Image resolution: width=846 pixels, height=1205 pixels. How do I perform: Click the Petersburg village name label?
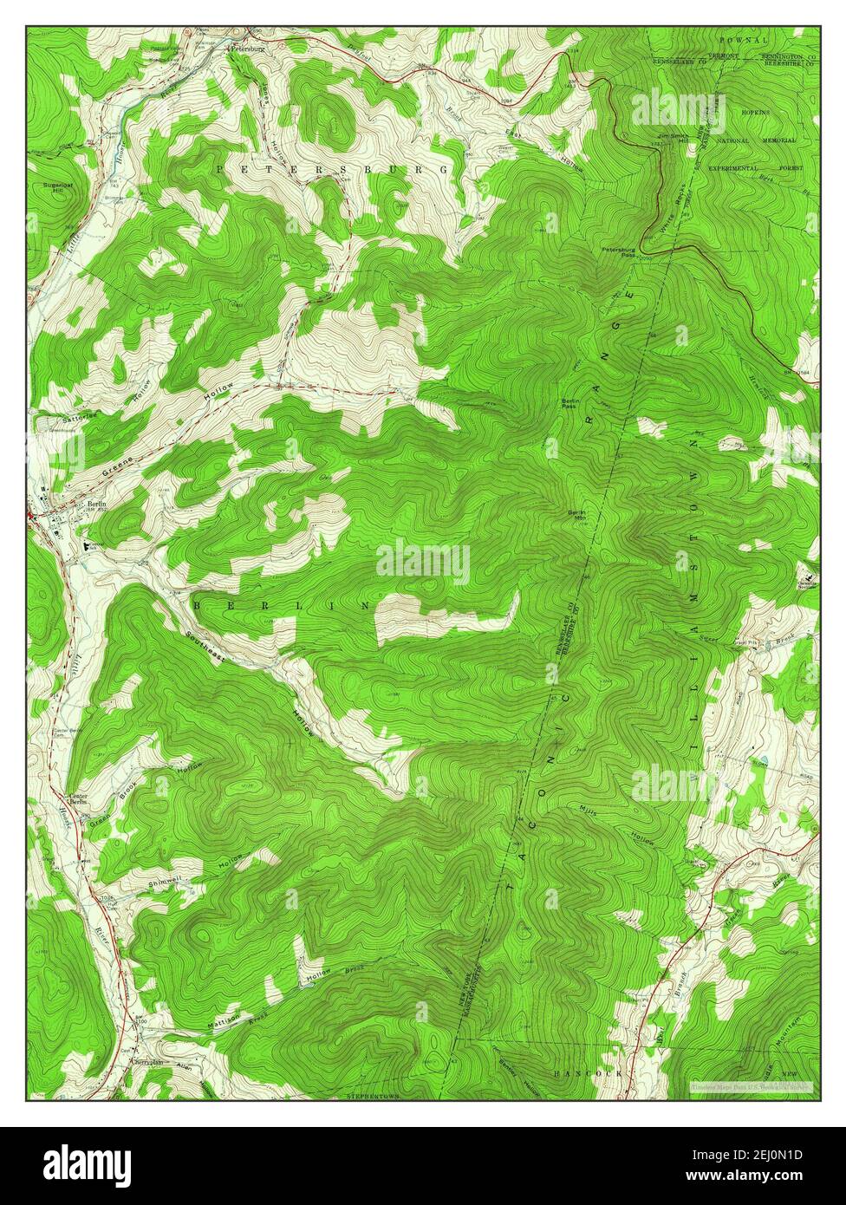click(x=247, y=50)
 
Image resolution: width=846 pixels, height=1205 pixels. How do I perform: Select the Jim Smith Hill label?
click(x=673, y=139)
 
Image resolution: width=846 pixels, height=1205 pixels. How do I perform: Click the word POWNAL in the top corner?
click(x=743, y=40)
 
